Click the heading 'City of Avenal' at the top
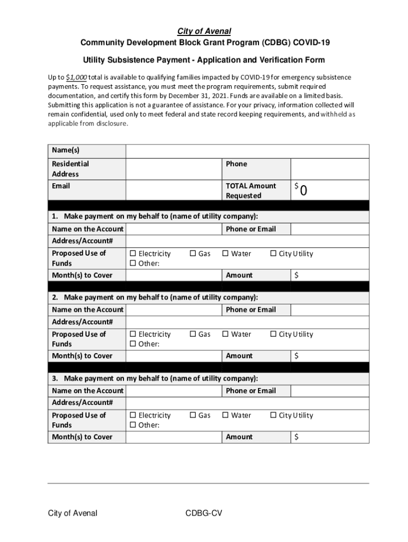204,32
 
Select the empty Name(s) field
247,151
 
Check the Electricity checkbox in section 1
133,254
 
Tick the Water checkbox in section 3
226,415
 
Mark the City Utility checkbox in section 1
274,254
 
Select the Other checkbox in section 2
133,345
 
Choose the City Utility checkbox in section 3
274,415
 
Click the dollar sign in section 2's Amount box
297,356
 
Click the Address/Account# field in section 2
247,322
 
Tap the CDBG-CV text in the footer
203,513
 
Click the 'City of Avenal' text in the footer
73,513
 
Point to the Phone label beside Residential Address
236,164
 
